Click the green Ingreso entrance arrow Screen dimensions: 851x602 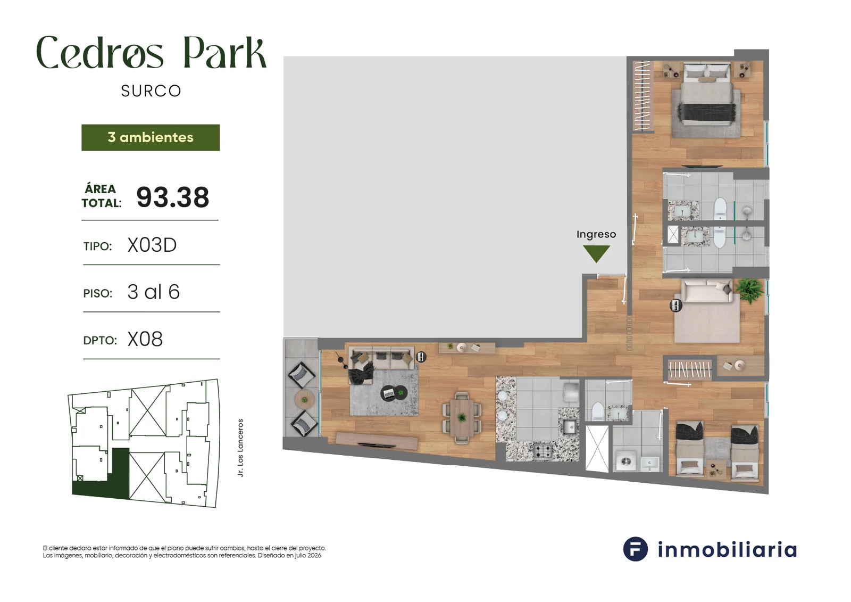coord(596,253)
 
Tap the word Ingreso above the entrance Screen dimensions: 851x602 coord(596,234)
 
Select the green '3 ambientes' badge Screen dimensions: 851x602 coord(151,137)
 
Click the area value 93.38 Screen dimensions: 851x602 coord(173,197)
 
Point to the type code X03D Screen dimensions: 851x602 coord(152,245)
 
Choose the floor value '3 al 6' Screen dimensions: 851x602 coord(154,292)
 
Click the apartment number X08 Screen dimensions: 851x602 coord(145,339)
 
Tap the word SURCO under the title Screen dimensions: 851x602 coord(151,91)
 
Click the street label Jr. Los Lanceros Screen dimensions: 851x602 coord(240,448)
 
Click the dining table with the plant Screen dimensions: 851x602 coord(462,418)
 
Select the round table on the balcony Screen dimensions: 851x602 coord(305,399)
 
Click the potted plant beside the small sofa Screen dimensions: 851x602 coord(749,291)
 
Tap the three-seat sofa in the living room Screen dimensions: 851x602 coord(381,358)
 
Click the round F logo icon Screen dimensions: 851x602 coord(635,549)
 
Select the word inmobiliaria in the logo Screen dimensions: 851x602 coord(727,549)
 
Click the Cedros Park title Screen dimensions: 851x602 coord(151,53)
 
